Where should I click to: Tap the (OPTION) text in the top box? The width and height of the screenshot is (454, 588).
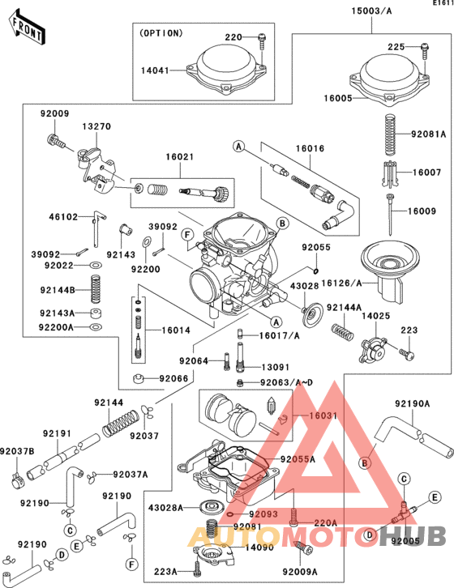tap(163, 33)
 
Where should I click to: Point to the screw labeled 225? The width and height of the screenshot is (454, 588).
tap(424, 55)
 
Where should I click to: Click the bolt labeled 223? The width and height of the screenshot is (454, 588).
tap(407, 354)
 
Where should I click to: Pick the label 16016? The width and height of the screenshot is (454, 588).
tap(310, 149)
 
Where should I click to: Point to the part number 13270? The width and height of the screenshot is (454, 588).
tap(96, 127)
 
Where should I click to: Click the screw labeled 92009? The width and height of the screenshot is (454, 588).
tap(57, 142)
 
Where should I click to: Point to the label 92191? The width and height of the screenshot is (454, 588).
tap(58, 433)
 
